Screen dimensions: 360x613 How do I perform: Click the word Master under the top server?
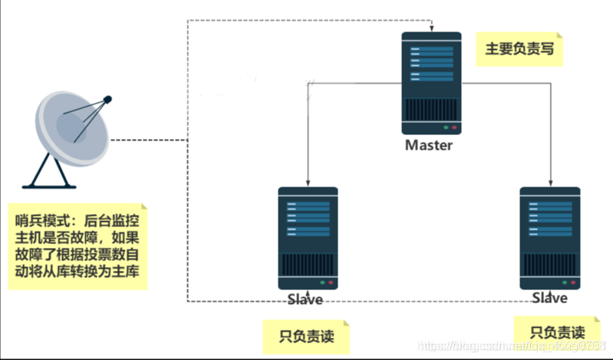coord(430,145)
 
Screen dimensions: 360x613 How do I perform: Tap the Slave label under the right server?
coord(549,298)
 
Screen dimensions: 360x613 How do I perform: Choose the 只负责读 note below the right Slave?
coord(557,332)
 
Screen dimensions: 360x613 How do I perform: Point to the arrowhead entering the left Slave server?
coord(308,183)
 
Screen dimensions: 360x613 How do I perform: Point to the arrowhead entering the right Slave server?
coord(549,183)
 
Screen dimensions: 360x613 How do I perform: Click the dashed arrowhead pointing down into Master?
coord(431,29)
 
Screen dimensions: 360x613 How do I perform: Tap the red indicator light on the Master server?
coord(454,127)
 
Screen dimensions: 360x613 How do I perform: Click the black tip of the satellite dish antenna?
coord(107,99)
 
